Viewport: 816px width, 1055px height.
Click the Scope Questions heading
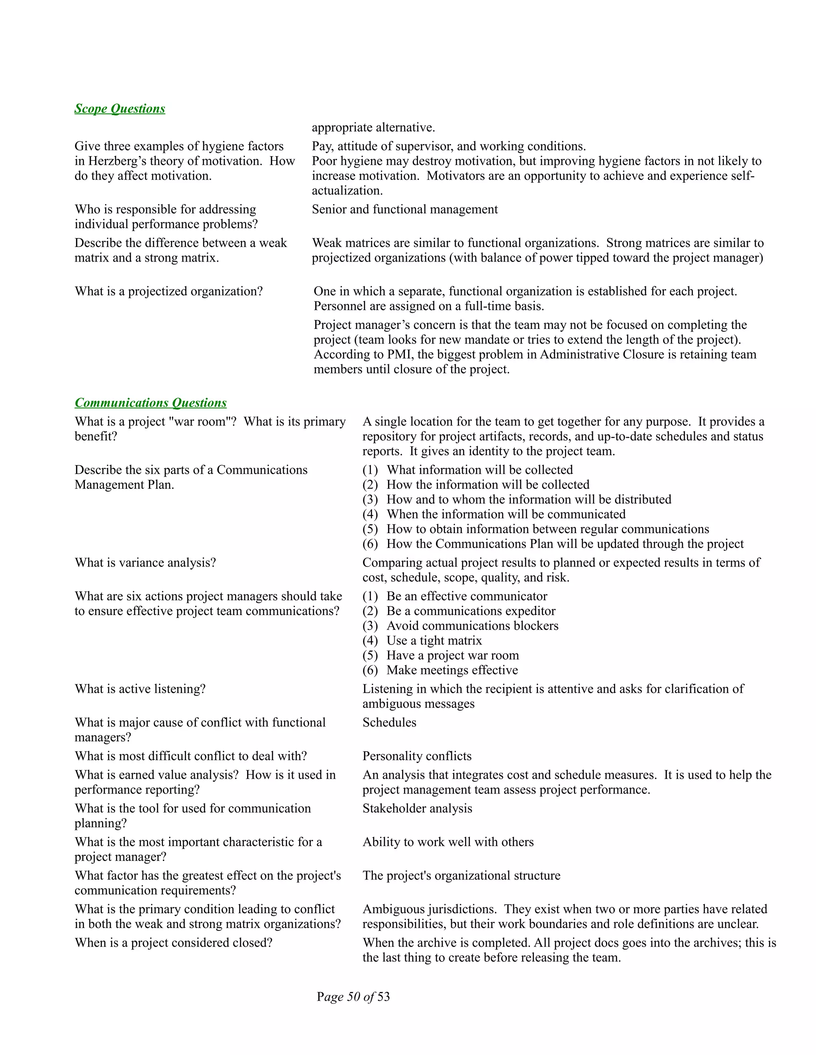[x=120, y=109]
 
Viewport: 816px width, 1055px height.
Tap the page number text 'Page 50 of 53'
[x=353, y=996]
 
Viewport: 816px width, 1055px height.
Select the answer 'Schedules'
[x=389, y=723]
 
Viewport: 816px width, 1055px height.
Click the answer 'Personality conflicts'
[x=417, y=756]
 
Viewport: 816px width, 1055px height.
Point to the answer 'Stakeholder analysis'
[x=417, y=809]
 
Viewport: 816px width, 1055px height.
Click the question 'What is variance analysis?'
[x=145, y=563]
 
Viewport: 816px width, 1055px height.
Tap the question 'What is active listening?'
[x=140, y=689]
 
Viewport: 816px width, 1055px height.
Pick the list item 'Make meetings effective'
[x=451, y=670]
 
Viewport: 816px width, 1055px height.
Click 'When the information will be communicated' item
[x=506, y=514]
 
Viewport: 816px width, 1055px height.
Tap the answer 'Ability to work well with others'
[x=448, y=842]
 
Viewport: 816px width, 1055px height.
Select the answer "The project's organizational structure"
[x=461, y=876]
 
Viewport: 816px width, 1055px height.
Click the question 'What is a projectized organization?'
[x=169, y=291]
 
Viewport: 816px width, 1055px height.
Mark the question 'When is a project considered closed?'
[x=174, y=943]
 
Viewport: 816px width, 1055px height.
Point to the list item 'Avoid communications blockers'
[x=472, y=626]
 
